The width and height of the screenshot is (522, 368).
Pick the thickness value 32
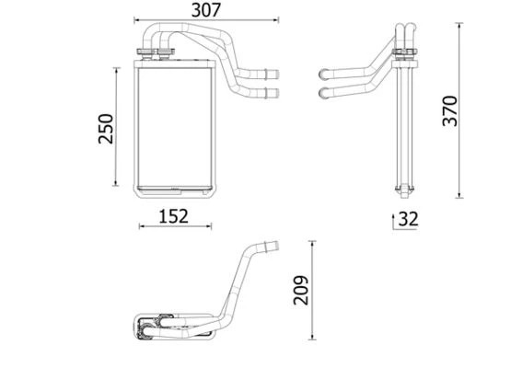409,219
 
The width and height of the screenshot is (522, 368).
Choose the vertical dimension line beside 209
311,291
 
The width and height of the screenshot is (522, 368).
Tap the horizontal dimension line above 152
173,226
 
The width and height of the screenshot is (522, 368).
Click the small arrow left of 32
394,219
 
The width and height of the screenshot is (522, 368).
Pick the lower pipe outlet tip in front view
273,92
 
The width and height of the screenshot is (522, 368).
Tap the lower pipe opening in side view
323,92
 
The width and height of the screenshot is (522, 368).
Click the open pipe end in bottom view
273,245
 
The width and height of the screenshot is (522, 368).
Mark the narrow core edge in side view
405,129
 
